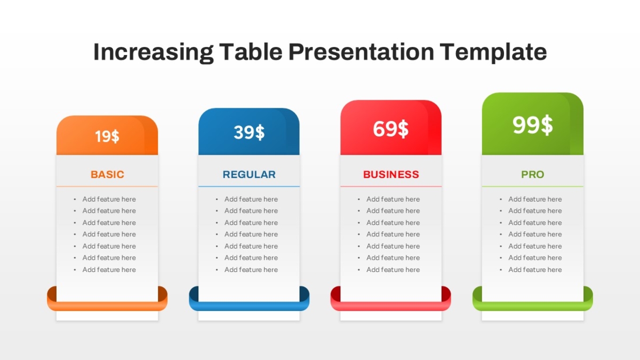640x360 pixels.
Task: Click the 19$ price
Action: point(107,137)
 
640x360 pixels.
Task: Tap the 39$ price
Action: point(249,132)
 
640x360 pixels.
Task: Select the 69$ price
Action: point(391,129)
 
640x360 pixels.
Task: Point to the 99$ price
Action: point(533,125)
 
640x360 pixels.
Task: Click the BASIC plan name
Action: point(107,174)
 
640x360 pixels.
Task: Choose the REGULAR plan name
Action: point(249,174)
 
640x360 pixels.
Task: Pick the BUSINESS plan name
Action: point(391,174)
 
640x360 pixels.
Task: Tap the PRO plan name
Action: point(533,174)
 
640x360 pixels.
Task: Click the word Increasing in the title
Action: point(154,52)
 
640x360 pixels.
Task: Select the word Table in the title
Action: point(251,52)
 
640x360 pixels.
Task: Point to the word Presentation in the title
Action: point(361,52)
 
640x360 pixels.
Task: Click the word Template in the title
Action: point(493,52)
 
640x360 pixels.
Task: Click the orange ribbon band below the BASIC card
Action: point(107,306)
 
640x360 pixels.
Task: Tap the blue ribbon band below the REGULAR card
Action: point(249,306)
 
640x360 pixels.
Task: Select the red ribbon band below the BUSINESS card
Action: point(391,306)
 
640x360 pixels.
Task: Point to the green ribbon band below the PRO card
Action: point(533,306)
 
